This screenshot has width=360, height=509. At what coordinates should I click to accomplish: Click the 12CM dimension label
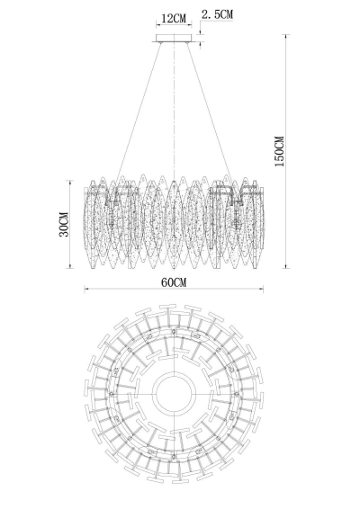[x=174, y=18]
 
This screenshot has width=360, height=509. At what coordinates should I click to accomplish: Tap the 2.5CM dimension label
[x=218, y=14]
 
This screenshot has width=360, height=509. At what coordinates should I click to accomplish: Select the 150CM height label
[x=279, y=151]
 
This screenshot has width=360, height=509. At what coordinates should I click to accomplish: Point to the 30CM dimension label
[x=64, y=224]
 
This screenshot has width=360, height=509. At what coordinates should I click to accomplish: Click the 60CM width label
[x=174, y=282]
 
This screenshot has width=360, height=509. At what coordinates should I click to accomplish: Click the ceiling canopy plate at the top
[x=175, y=39]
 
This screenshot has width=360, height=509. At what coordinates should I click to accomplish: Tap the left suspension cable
[x=139, y=112]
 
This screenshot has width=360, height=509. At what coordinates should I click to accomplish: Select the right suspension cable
[x=210, y=112]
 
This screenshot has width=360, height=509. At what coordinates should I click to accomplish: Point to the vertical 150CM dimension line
[x=285, y=151]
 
